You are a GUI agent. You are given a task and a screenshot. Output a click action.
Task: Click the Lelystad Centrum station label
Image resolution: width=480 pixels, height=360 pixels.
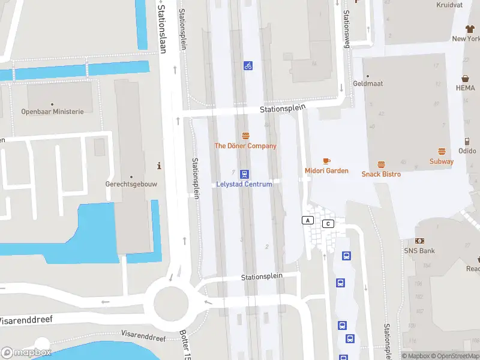[244, 184]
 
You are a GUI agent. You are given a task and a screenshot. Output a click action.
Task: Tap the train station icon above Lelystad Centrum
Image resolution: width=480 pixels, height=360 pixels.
[245, 174]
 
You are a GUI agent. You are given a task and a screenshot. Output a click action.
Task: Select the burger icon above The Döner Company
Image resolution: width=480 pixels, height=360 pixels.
[245, 136]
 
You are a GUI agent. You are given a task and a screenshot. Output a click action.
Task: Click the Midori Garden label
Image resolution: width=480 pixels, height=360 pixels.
[326, 171]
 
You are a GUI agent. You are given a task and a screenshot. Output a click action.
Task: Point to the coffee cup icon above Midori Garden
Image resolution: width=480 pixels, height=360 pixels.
[326, 161]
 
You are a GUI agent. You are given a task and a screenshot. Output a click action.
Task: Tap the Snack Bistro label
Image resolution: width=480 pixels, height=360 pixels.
[381, 174]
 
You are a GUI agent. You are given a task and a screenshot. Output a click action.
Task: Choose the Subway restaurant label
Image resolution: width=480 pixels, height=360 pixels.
[442, 161]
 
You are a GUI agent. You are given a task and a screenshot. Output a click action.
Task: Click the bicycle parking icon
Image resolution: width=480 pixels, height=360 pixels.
[248, 65]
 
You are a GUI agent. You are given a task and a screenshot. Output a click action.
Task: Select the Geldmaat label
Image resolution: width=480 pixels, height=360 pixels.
[368, 84]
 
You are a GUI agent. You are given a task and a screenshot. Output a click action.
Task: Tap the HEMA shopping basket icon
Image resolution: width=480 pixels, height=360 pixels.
[465, 79]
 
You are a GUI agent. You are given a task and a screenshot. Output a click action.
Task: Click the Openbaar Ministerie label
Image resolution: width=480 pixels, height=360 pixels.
[53, 112]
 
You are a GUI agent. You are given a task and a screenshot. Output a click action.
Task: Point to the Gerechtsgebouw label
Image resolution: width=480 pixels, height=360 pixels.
[131, 184]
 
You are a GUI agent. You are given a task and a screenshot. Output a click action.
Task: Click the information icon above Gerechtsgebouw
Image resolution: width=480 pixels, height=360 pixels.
[159, 166]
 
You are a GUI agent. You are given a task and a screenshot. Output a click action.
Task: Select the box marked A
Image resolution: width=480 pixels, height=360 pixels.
[308, 220]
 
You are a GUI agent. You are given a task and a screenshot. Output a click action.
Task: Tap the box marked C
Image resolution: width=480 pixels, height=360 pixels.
[328, 224]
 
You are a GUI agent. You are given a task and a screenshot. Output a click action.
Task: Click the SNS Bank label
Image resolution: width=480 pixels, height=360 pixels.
[419, 250]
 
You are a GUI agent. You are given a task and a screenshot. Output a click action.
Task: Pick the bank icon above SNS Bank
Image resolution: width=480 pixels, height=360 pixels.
[419, 241]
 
